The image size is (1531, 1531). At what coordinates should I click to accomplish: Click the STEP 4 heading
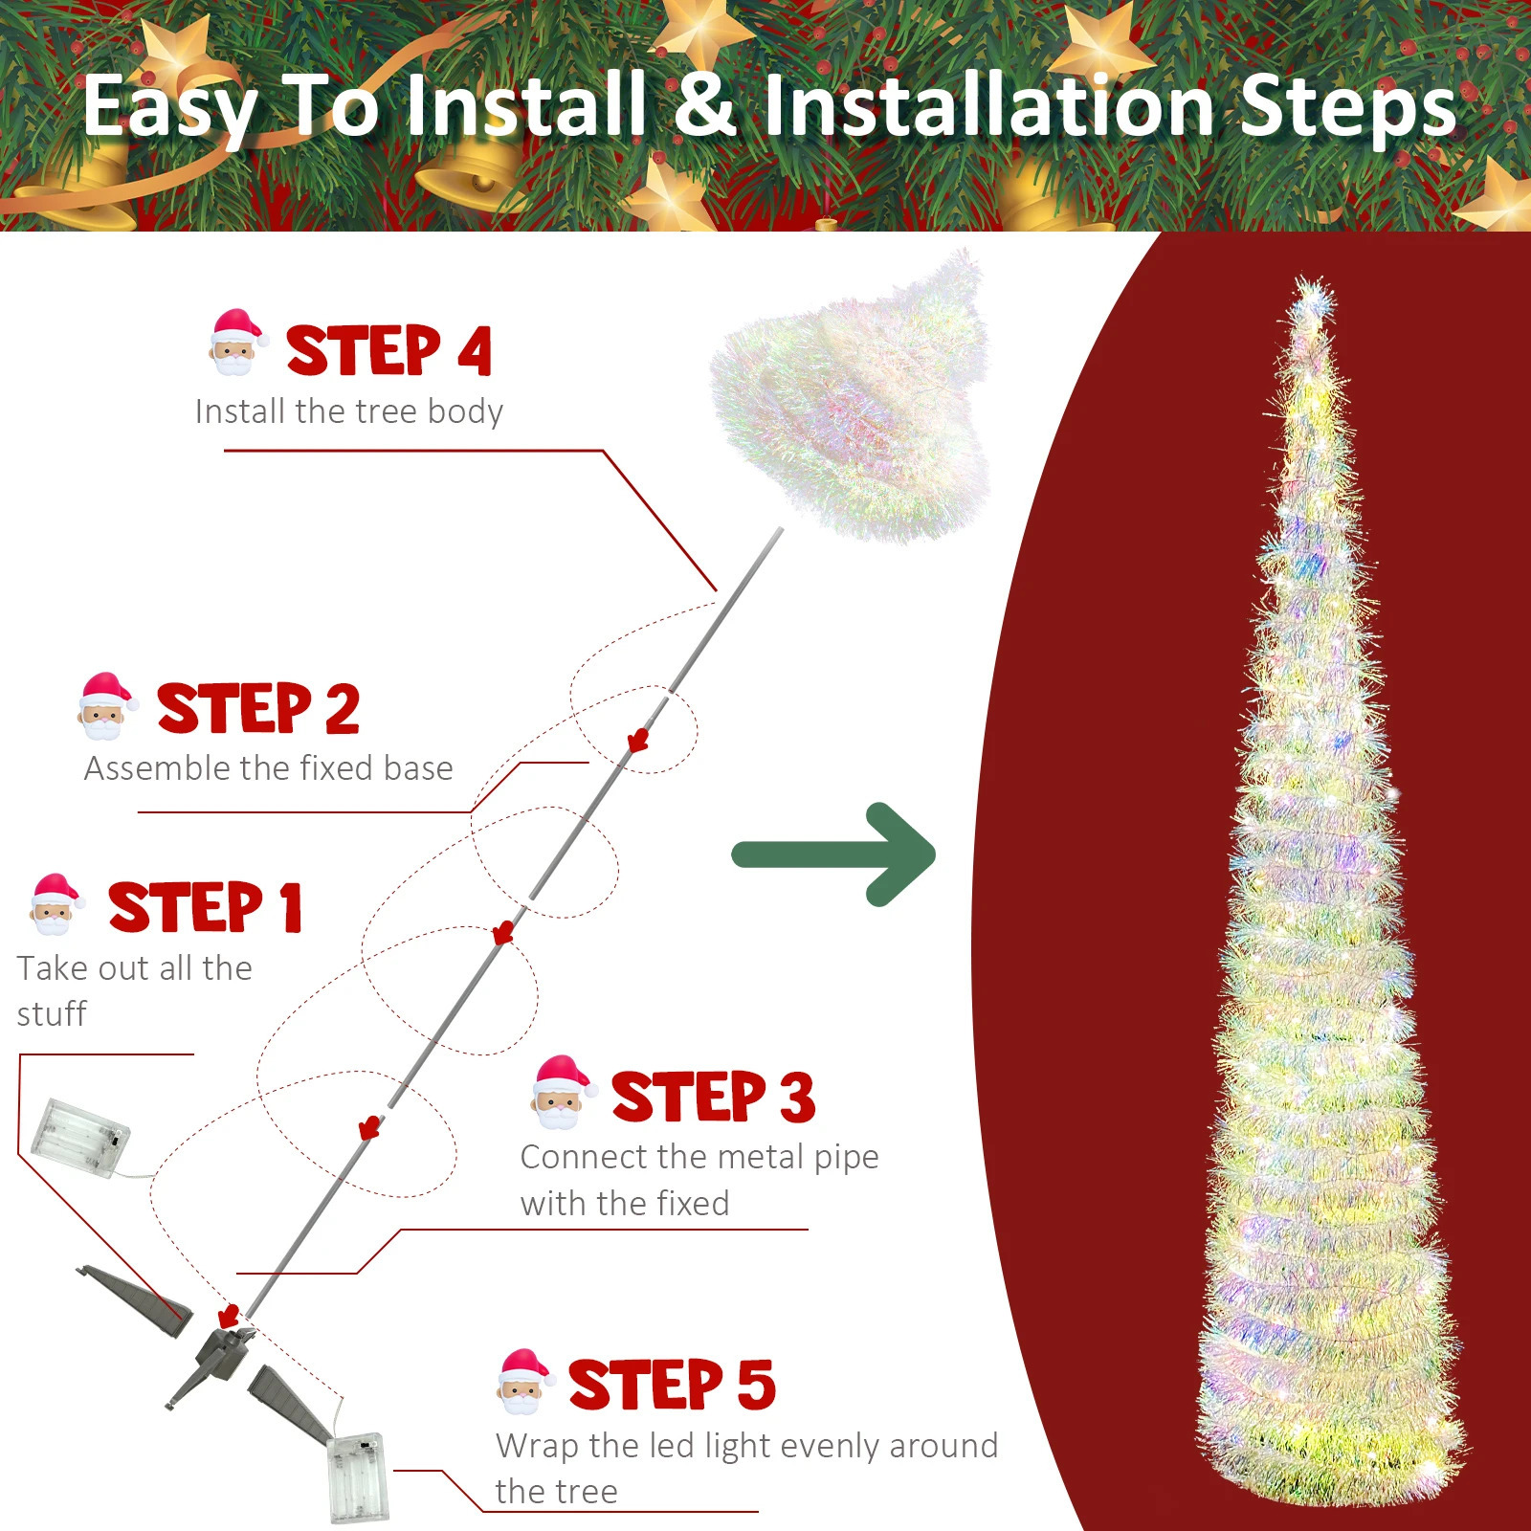(x=388, y=351)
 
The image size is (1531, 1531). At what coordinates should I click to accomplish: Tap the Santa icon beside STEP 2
(x=103, y=706)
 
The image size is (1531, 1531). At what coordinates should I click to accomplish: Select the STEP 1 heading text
(x=205, y=907)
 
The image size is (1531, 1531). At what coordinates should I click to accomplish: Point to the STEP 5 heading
(x=671, y=1385)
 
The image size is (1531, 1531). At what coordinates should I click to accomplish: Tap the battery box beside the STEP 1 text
(x=79, y=1138)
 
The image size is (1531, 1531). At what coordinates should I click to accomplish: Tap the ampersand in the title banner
(x=705, y=105)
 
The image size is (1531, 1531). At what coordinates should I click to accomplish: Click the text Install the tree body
(x=348, y=411)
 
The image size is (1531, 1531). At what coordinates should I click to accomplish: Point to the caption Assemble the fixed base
(x=268, y=768)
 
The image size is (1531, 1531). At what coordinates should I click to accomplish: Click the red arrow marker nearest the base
(x=228, y=1316)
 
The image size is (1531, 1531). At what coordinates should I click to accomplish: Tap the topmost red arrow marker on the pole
(x=638, y=740)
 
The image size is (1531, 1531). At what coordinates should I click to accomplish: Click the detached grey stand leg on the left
(x=134, y=1292)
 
